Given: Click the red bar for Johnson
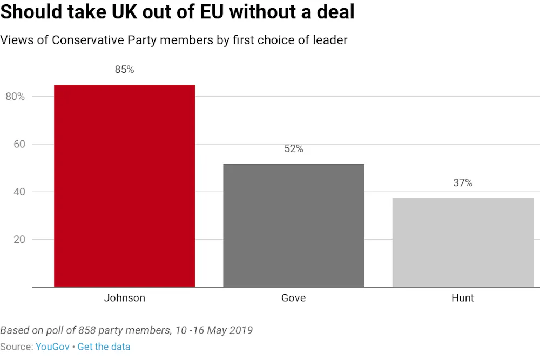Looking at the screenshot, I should [124, 186].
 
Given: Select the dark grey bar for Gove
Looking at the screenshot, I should [294, 225].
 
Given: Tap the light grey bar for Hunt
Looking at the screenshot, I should [463, 242].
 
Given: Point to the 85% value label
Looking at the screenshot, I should [124, 70].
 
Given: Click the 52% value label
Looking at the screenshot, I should [294, 149].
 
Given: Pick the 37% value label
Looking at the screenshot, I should [463, 183].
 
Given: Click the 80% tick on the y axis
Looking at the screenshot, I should [15, 97].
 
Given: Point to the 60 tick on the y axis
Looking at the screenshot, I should [19, 144].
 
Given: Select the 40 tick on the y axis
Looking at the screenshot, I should [19, 192].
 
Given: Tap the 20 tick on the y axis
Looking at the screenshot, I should [19, 239].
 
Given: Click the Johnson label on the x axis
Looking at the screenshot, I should [124, 298].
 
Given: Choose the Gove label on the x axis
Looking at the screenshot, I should [294, 298].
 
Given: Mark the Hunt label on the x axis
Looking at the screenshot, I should [463, 298].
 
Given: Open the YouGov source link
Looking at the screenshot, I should [52, 347].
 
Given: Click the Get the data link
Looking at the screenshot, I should [104, 347].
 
